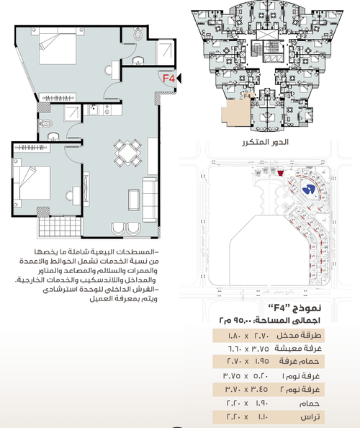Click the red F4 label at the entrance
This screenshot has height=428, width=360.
[167, 78]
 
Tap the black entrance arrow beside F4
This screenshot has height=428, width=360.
[179, 78]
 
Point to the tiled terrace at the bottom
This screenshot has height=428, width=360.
[57, 228]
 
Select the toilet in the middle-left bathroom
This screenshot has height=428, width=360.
[51, 136]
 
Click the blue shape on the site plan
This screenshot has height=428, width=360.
[308, 189]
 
